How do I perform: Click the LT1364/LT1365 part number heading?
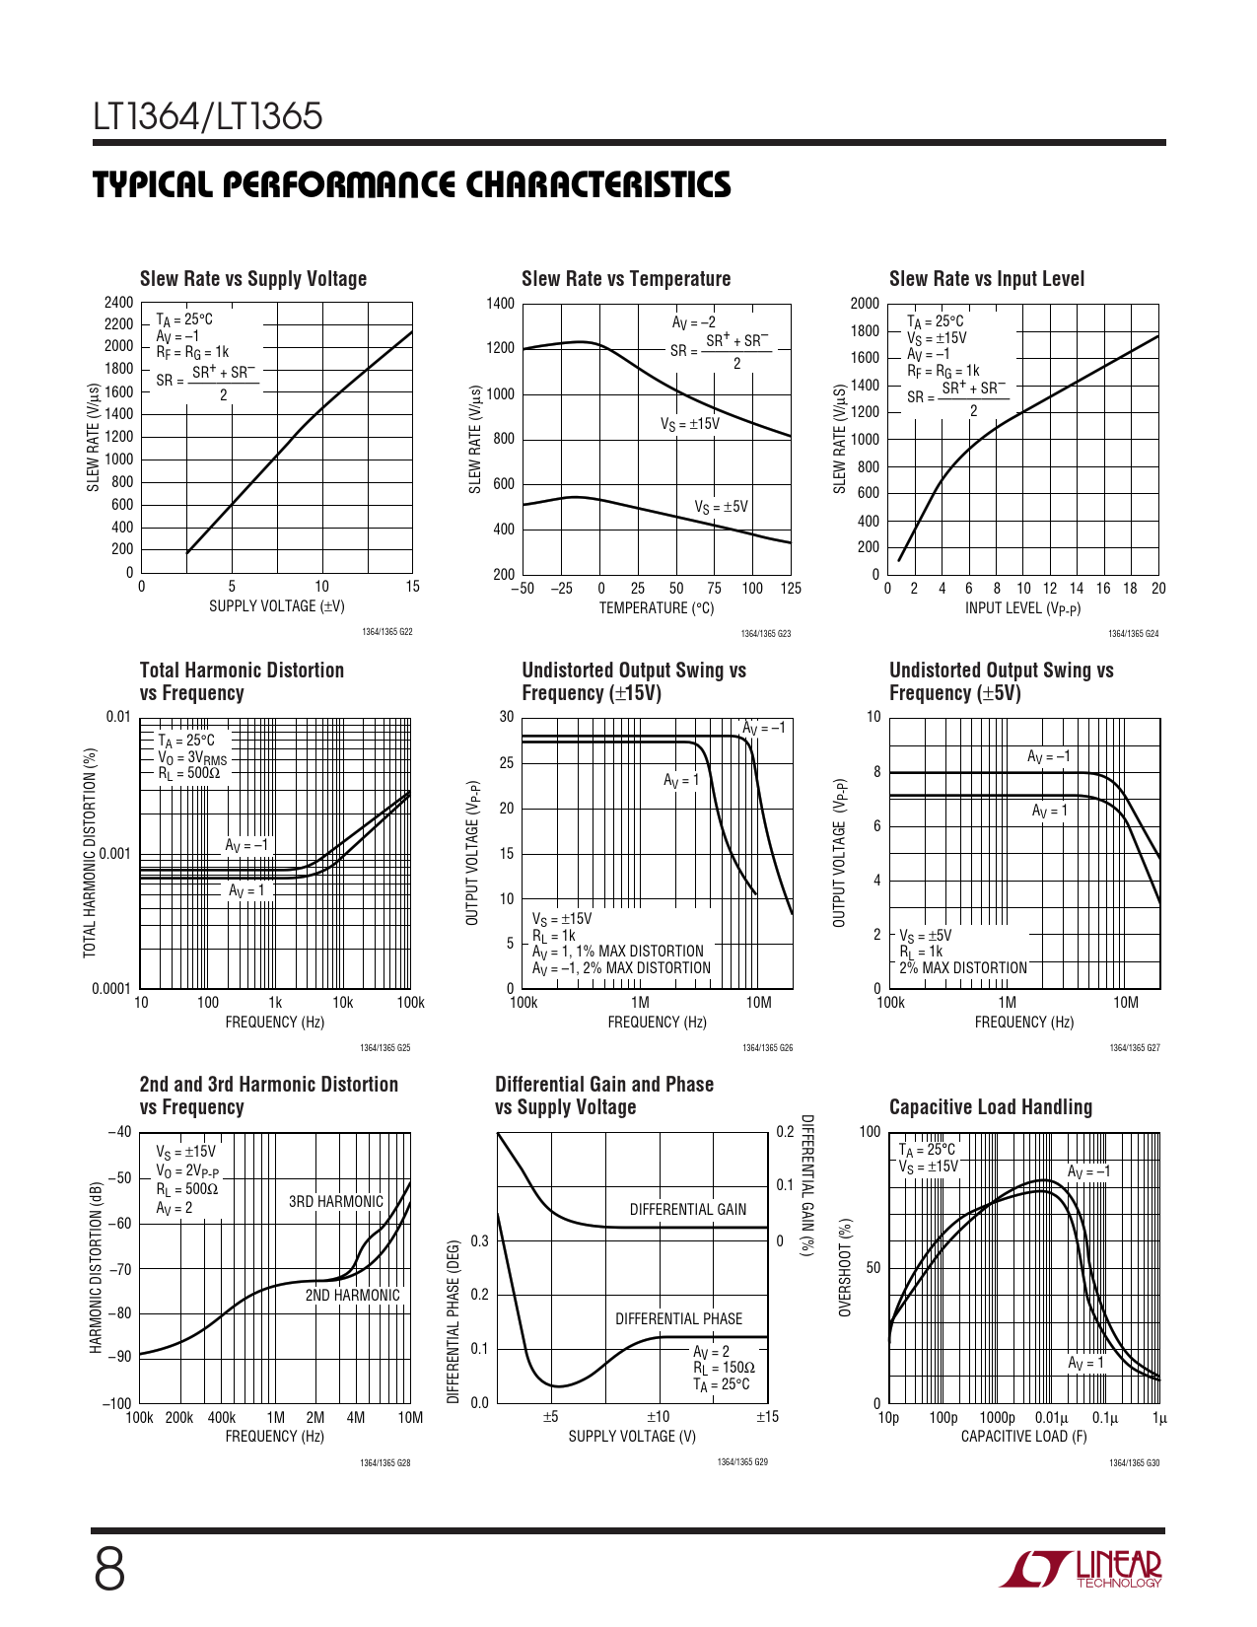[208, 117]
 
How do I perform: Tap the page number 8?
[109, 1570]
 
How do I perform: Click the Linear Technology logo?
[1082, 1569]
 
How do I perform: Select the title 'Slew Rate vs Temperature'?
[626, 279]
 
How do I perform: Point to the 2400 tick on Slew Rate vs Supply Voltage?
[118, 303]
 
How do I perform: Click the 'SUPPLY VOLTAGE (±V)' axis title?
[276, 606]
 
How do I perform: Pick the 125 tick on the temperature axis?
[790, 589]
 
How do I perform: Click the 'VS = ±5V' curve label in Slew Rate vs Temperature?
[721, 507]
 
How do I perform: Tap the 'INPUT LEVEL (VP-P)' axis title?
[1022, 608]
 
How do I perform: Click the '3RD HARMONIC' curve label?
[335, 1201]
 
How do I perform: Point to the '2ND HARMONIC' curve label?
[352, 1295]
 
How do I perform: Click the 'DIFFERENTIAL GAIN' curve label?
[688, 1209]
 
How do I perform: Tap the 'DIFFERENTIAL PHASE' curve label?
[678, 1318]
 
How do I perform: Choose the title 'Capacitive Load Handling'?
[990, 1107]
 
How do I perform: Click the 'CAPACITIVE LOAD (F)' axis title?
[1023, 1437]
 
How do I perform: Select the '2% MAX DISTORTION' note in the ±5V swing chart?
[962, 968]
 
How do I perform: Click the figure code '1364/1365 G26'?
[767, 1048]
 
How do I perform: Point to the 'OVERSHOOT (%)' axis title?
[845, 1267]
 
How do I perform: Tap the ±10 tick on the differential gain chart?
[658, 1417]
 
